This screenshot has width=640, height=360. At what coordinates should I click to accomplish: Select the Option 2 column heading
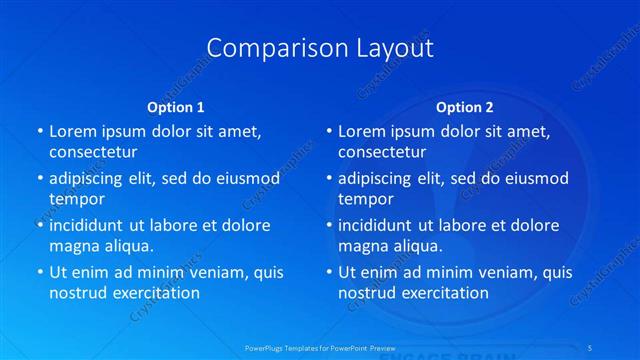(465, 106)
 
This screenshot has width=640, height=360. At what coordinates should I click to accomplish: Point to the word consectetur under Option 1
(93, 152)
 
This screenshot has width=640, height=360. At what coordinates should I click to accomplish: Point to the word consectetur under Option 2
(382, 152)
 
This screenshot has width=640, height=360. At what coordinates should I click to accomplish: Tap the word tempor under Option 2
(366, 198)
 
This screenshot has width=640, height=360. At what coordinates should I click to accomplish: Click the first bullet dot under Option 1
(40, 132)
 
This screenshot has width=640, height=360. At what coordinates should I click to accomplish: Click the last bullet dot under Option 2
(329, 272)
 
